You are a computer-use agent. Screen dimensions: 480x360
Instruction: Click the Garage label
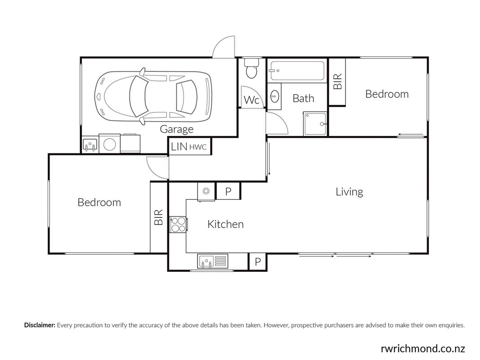pyautogui.click(x=177, y=129)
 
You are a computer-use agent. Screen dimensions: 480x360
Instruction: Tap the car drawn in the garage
pyautogui.click(x=153, y=96)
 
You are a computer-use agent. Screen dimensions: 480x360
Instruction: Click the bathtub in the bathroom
pyautogui.click(x=296, y=71)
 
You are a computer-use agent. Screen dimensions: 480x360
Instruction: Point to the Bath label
pyautogui.click(x=303, y=98)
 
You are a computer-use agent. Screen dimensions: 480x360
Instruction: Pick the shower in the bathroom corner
pyautogui.click(x=315, y=124)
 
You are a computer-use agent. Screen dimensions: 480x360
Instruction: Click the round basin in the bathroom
pyautogui.click(x=274, y=96)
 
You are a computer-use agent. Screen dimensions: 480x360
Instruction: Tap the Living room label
pyautogui.click(x=349, y=192)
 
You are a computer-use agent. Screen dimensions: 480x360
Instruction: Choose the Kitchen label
pyautogui.click(x=226, y=224)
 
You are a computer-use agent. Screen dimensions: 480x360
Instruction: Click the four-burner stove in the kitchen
pyautogui.click(x=179, y=225)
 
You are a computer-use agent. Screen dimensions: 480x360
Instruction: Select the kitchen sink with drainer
pyautogui.click(x=212, y=261)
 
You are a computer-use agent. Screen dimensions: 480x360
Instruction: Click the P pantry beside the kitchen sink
pyautogui.click(x=258, y=262)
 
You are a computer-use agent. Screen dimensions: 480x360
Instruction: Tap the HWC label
pyautogui.click(x=198, y=147)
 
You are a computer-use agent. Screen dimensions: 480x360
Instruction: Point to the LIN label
pyautogui.click(x=179, y=147)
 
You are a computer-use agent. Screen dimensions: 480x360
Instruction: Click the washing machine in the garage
pyautogui.click(x=110, y=144)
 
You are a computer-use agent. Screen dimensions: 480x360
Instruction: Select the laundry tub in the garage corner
pyautogui.click(x=90, y=144)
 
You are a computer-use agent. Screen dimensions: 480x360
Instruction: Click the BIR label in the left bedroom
pyautogui.click(x=158, y=218)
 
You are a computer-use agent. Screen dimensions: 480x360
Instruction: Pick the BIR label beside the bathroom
pyautogui.click(x=337, y=81)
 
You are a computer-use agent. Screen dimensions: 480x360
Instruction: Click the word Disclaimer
pyautogui.click(x=40, y=325)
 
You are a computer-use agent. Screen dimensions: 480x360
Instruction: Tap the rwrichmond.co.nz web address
pyautogui.click(x=423, y=348)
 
